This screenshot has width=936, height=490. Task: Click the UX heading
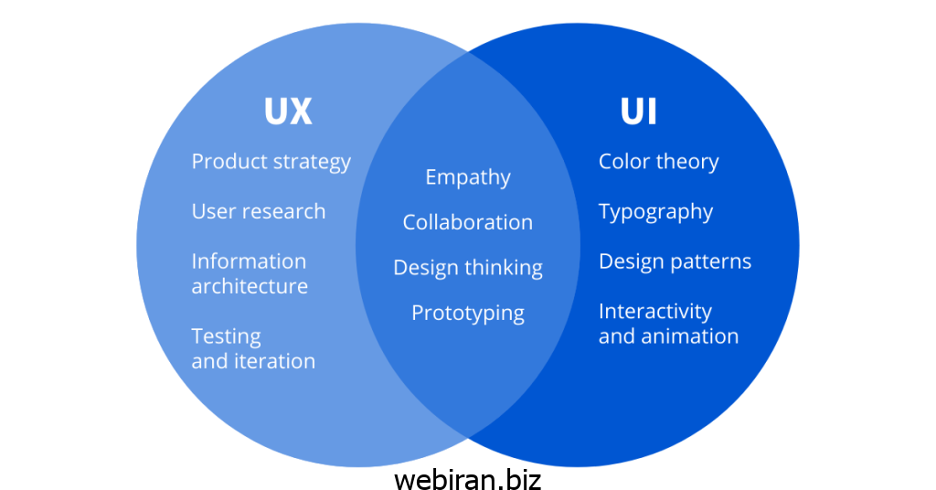(x=288, y=112)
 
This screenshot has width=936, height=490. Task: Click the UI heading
(x=639, y=112)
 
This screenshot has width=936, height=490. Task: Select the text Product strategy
(x=271, y=162)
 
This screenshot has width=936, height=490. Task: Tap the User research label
(x=258, y=211)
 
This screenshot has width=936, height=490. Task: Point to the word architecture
(x=250, y=286)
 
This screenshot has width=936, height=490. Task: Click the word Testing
(x=226, y=336)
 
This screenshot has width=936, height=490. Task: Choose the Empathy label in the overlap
(x=468, y=177)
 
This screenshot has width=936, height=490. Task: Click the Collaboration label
(x=468, y=222)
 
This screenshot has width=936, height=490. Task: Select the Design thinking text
(x=468, y=268)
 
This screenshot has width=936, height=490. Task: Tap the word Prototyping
(x=468, y=314)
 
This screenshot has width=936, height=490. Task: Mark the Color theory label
(x=658, y=162)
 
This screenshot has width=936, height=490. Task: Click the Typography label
(x=655, y=212)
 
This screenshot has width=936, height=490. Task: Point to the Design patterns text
(x=675, y=261)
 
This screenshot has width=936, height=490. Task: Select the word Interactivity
(x=654, y=312)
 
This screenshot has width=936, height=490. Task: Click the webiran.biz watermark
(x=468, y=479)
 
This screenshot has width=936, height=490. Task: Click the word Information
(x=249, y=261)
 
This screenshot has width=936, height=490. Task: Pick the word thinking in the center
(x=503, y=268)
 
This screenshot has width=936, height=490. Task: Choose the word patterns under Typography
(x=711, y=261)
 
